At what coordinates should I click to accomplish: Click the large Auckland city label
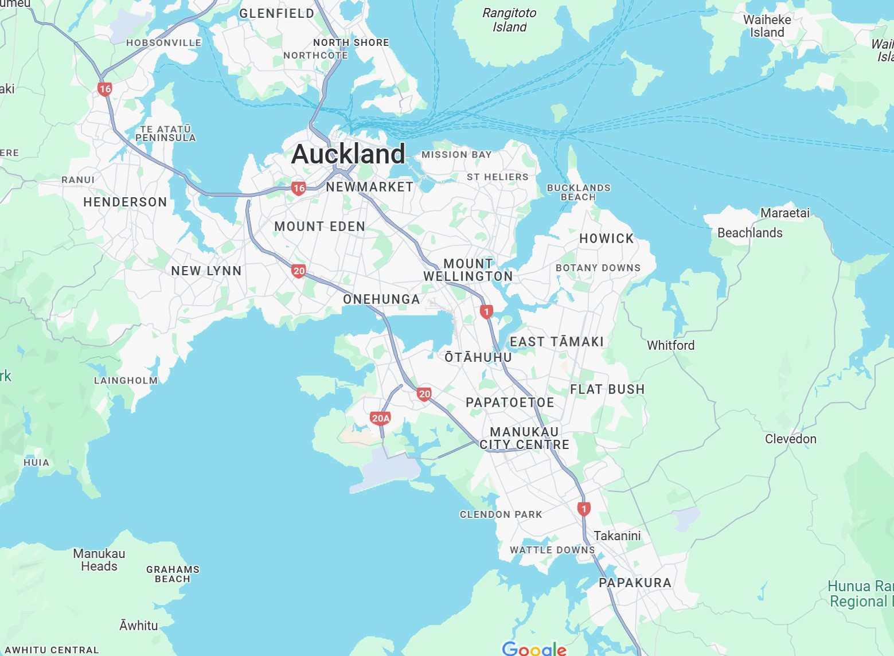348,154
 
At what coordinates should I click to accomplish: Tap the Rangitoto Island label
509,20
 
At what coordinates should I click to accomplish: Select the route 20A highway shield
381,418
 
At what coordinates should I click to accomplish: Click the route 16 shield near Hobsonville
105,89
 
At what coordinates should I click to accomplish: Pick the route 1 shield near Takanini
584,509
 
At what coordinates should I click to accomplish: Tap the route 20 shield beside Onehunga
298,271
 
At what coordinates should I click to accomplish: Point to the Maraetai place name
784,213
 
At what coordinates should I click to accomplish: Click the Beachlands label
749,233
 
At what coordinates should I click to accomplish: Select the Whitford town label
670,345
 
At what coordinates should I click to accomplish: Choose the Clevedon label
790,439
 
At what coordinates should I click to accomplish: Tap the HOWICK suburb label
606,239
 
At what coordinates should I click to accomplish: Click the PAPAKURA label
635,583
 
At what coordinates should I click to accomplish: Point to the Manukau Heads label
99,560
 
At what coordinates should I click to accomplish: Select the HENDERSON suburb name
125,202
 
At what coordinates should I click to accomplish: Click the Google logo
534,649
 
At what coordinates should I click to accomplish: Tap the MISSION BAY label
456,155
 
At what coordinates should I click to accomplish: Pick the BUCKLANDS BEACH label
579,192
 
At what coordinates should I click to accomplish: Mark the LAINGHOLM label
126,381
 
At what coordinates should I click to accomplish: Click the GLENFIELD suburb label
276,13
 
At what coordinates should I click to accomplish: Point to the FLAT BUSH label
607,389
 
